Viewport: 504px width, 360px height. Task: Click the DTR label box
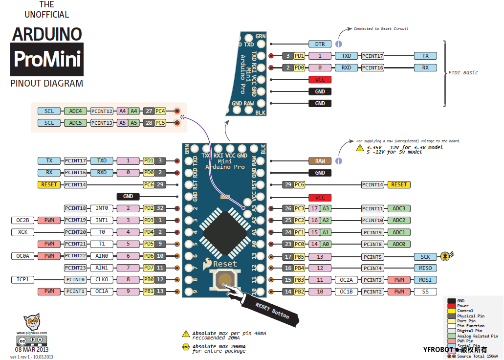click(320, 44)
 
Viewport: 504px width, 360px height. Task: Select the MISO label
click(425, 268)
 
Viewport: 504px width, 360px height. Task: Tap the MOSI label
click(425, 280)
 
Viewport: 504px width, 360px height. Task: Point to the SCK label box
click(425, 256)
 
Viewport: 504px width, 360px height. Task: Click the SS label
click(425, 292)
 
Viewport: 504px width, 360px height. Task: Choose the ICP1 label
click(22, 279)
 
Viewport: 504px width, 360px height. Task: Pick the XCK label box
click(22, 232)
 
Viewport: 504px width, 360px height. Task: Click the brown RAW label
click(320, 161)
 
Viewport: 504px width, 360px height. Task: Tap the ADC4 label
click(75, 111)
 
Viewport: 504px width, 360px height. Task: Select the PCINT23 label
click(75, 268)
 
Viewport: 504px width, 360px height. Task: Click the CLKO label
click(102, 279)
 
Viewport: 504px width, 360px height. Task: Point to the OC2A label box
click(346, 280)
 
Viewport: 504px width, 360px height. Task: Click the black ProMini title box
click(47, 60)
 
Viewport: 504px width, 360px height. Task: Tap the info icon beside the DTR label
click(338, 44)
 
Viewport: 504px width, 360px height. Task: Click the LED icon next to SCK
click(445, 256)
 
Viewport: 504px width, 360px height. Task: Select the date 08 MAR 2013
click(32, 350)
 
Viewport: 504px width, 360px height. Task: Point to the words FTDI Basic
click(463, 73)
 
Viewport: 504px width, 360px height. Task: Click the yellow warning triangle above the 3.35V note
click(359, 147)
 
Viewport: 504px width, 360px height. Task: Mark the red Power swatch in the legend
click(452, 306)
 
